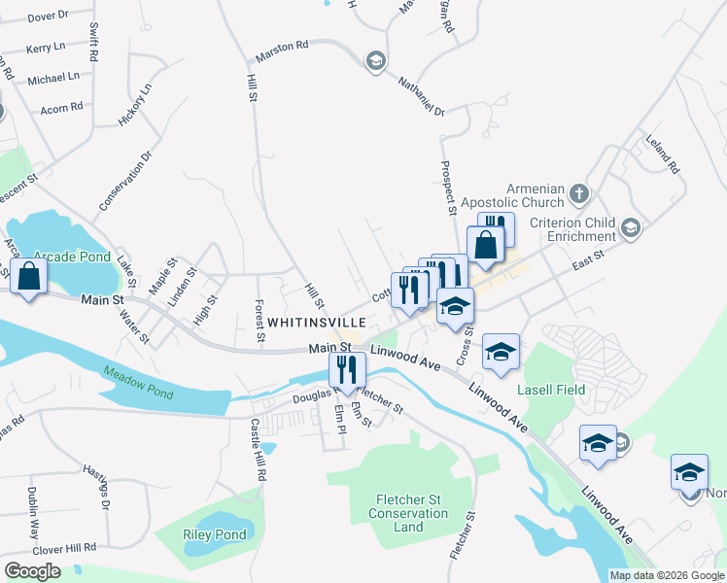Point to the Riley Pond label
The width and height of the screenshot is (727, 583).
(x=214, y=534)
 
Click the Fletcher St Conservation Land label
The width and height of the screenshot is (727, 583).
(x=409, y=513)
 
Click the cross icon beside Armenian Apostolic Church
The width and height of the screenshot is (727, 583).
(x=579, y=192)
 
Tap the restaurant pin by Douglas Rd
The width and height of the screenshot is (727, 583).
(x=347, y=369)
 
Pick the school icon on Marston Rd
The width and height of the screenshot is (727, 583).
(x=374, y=62)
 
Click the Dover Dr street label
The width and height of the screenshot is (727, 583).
(x=48, y=17)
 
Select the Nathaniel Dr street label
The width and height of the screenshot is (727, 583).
(x=420, y=97)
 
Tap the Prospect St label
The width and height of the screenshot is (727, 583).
(x=448, y=188)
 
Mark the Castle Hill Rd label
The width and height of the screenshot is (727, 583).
(x=257, y=450)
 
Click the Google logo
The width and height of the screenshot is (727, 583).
(x=33, y=570)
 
